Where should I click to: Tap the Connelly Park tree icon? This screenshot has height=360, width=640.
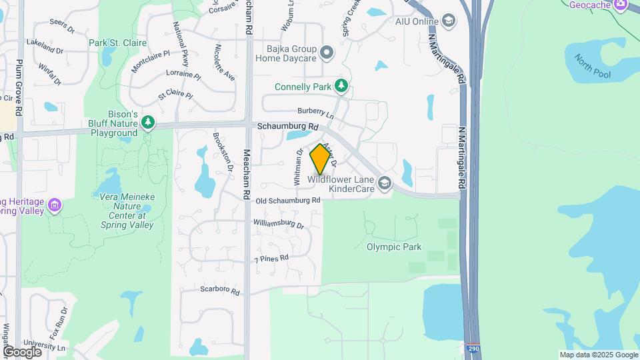pos(341,86)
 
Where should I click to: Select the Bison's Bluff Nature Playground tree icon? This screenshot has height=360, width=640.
pos(147,123)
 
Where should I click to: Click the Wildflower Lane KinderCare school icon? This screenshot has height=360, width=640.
pos(384,182)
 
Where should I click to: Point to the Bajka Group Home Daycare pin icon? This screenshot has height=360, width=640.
pos(326,52)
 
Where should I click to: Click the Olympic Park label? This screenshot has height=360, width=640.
pos(394,247)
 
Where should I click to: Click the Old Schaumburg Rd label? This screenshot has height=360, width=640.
pos(287,200)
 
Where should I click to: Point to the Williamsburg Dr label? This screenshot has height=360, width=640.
pos(278,224)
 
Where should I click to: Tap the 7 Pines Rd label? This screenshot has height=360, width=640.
pos(271,258)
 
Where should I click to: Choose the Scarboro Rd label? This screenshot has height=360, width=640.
pos(219,289)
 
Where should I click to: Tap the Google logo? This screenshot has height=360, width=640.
pos(22,351)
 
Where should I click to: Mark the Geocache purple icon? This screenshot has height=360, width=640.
pos(620,5)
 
